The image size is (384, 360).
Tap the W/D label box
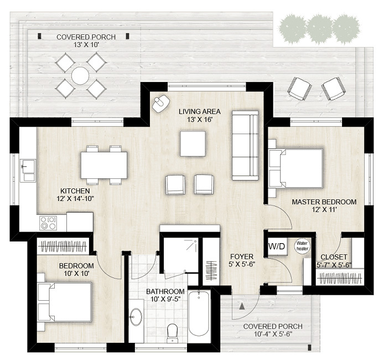(x=277, y=246)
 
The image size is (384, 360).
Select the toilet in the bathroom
(x=172, y=332)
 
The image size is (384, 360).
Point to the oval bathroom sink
(x=136, y=317)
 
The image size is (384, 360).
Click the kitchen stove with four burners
(x=47, y=223)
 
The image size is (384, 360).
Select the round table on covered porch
(x=81, y=75)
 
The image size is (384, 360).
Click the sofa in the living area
(x=245, y=146)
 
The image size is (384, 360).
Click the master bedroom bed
(x=296, y=168)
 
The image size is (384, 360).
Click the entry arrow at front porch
(x=241, y=305)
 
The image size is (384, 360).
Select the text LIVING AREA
(x=196, y=112)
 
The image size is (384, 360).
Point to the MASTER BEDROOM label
(x=324, y=202)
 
